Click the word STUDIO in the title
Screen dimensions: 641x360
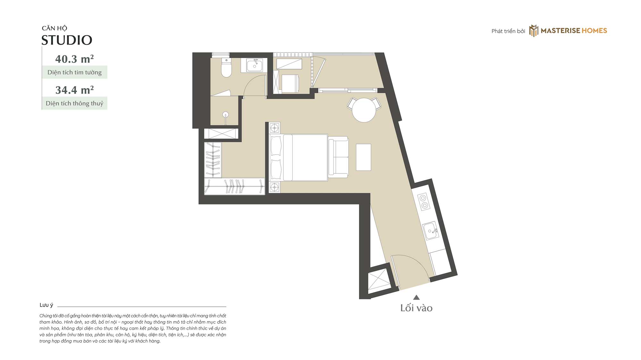pos(67,40)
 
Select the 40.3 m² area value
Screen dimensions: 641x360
pos(74,59)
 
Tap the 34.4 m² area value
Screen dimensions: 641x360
pos(74,90)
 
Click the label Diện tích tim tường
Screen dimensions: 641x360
pos(74,72)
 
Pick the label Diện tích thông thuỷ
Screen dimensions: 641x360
pos(74,104)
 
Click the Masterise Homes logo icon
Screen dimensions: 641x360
pos(534,31)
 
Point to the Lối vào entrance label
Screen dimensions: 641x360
pos(416,308)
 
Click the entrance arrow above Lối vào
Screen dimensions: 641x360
pos(416,297)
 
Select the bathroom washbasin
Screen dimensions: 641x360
pos(254,65)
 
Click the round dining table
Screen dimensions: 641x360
pos(364,110)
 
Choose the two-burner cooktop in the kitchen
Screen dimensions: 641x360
pos(424,201)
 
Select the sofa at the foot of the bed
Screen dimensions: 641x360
pos(338,157)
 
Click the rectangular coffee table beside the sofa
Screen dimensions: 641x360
pos(363,157)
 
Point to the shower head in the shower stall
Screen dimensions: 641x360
pos(226,114)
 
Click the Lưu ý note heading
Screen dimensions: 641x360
pos(46,305)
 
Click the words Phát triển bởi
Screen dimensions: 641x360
pos(508,31)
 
